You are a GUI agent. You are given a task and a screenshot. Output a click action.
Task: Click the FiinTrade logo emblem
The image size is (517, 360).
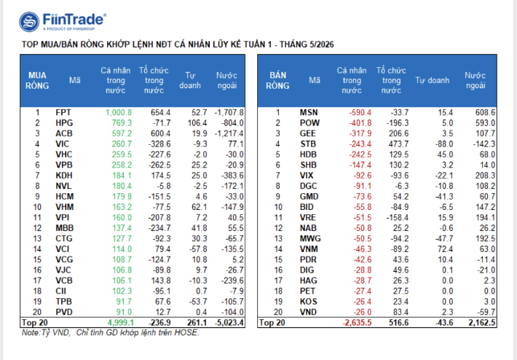point(29,22)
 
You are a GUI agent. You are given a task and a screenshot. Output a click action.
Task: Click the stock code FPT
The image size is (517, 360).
point(63,112)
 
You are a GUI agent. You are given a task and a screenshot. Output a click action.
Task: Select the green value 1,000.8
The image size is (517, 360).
point(119,112)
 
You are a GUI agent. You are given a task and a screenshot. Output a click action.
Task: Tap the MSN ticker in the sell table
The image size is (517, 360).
point(309,112)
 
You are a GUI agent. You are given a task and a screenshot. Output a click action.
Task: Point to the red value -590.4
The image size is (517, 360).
point(360,112)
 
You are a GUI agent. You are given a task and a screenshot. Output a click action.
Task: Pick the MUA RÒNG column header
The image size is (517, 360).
point(37,80)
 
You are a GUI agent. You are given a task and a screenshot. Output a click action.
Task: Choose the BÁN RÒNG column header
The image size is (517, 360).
point(277,80)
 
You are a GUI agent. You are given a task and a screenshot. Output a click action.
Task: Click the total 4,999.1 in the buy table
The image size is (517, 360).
point(121,322)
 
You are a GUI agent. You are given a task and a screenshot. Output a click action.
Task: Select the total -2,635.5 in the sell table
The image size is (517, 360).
point(357,322)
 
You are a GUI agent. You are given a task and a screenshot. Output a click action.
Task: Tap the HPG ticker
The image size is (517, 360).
point(64,123)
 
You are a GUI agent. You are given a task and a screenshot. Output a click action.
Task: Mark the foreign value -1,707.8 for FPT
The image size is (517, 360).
point(229,112)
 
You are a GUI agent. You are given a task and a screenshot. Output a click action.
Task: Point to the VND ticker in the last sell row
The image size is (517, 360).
point(308,312)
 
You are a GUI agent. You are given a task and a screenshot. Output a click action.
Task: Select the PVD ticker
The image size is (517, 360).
point(64,312)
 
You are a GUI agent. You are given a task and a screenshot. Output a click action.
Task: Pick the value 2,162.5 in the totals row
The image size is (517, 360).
point(482,322)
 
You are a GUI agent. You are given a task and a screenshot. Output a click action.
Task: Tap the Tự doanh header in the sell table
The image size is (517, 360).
point(433,80)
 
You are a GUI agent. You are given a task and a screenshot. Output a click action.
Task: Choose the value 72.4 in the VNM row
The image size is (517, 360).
point(445,249)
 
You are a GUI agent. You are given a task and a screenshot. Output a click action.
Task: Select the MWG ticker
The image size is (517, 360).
point(310,238)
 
